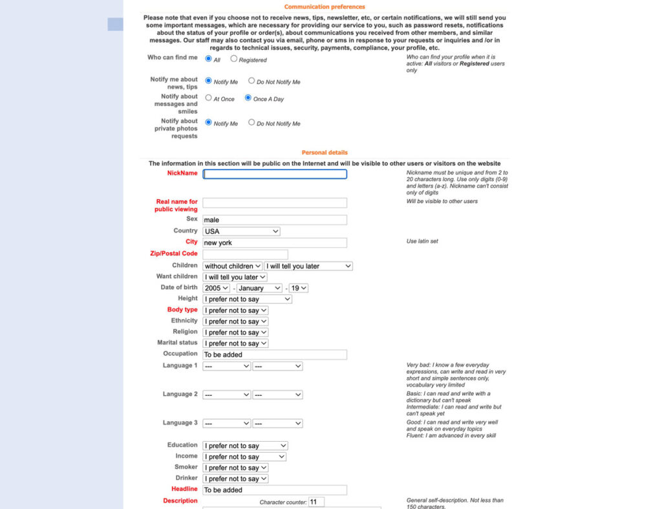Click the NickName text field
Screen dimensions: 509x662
(275, 174)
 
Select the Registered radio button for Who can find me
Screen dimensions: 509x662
(234, 59)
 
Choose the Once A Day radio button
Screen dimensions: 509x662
(248, 98)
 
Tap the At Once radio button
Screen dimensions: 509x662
(209, 98)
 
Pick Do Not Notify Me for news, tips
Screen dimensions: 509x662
(251, 81)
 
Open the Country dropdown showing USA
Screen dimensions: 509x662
(241, 232)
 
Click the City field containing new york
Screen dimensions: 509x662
(275, 243)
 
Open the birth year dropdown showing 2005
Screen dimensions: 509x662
(217, 288)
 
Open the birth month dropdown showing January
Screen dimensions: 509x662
(259, 288)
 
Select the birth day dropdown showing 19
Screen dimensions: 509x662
(298, 288)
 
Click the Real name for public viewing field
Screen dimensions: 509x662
(275, 203)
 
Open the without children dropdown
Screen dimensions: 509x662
(232, 266)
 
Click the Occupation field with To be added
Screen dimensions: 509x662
(275, 355)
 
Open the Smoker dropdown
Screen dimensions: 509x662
(235, 468)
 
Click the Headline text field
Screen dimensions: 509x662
(275, 490)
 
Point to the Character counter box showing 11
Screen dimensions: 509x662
(316, 502)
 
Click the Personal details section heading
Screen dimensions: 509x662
(325, 153)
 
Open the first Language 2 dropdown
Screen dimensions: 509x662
(226, 395)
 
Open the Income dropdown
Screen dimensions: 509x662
(244, 457)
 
